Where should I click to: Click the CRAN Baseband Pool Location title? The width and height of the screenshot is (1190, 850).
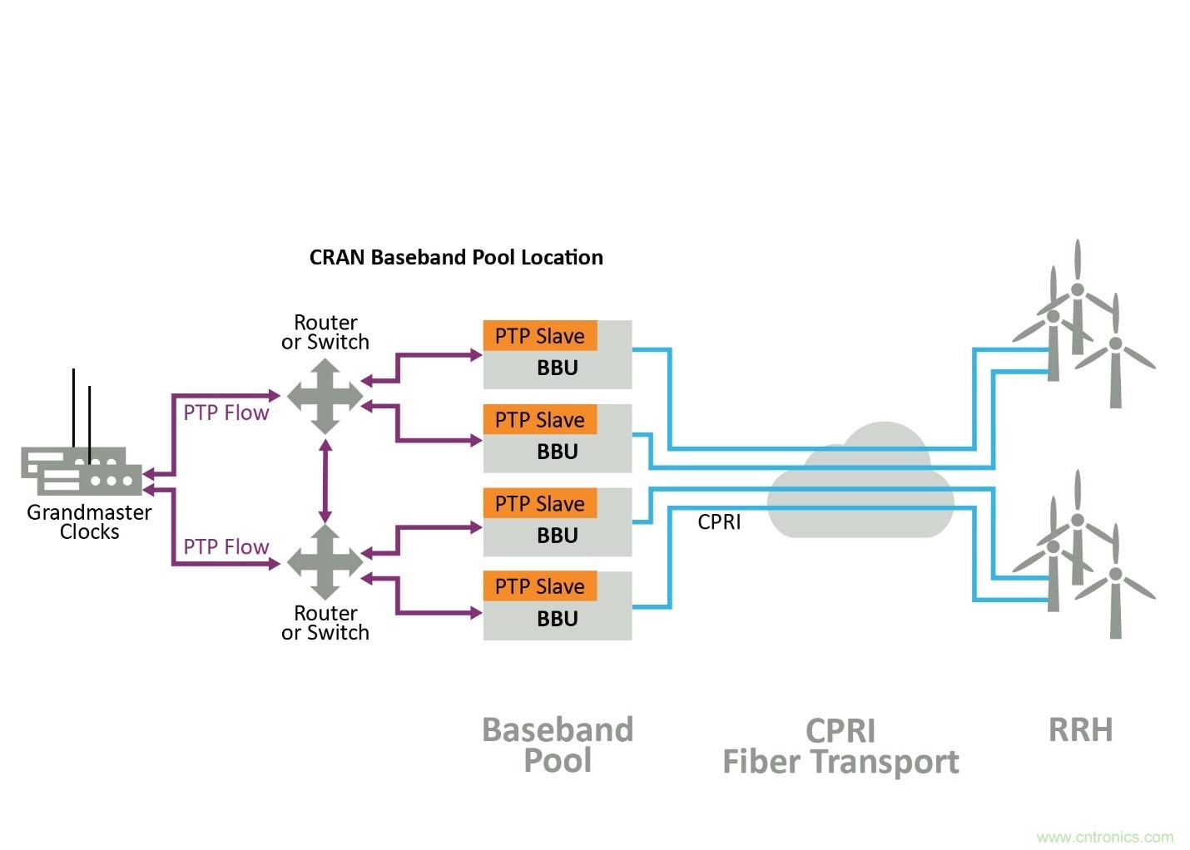[x=456, y=257]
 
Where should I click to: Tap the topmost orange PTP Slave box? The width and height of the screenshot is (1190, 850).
[x=540, y=336]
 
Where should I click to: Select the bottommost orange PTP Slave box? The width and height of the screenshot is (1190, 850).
[x=540, y=586]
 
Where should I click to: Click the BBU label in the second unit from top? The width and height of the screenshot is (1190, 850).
[x=557, y=452]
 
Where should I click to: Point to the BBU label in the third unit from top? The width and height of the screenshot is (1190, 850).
[x=557, y=536]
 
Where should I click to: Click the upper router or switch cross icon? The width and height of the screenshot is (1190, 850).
[x=325, y=396]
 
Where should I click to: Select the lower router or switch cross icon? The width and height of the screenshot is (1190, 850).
[x=325, y=562]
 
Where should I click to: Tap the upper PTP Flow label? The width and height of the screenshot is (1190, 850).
[x=226, y=413]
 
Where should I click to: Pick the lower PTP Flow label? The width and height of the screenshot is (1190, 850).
[x=226, y=546]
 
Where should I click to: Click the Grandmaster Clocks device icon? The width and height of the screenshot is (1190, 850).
[x=82, y=472]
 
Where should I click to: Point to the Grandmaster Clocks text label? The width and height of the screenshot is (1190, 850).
[x=89, y=522]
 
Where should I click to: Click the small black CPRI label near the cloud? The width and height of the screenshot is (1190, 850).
[x=719, y=521]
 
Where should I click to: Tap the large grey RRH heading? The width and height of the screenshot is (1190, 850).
[x=1080, y=729]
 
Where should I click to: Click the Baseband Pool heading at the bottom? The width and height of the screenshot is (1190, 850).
[x=558, y=744]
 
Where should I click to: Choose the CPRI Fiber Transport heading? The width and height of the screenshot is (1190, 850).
[x=840, y=746]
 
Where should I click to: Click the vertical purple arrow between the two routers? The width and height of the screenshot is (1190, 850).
[x=325, y=480]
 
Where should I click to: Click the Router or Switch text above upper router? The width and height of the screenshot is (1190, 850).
[x=325, y=332]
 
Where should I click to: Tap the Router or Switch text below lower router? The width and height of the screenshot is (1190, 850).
[x=325, y=622]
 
